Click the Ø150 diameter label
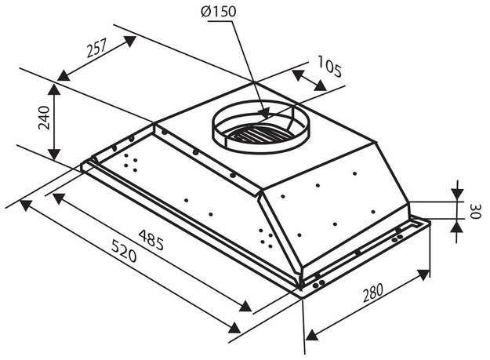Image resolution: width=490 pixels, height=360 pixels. pos(219,12)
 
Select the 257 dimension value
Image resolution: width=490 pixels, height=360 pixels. pos(97,48)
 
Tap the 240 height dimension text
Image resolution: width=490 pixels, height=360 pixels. pos(44,118)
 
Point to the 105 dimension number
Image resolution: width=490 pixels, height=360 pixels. pos(329,66)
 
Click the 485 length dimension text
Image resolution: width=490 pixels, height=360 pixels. pos(151,239)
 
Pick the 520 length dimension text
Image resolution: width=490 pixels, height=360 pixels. pos(124,250)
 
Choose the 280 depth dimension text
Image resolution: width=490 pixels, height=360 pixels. pos(372,293)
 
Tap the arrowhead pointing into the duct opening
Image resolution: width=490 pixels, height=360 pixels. pos(263,112)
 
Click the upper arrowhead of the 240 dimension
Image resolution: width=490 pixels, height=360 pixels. pos(54,90)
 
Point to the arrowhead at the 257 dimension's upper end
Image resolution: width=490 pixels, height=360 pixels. pos(129,42)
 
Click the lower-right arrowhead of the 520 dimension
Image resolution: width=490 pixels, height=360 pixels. pos(234,327)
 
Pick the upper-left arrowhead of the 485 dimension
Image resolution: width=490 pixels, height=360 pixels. pos(59,198)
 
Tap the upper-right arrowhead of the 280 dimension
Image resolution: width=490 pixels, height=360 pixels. pos(423,275)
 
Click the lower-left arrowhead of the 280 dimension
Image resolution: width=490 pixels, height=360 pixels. pos(311,335)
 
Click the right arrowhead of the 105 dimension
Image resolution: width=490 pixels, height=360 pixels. pos(321,85)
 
